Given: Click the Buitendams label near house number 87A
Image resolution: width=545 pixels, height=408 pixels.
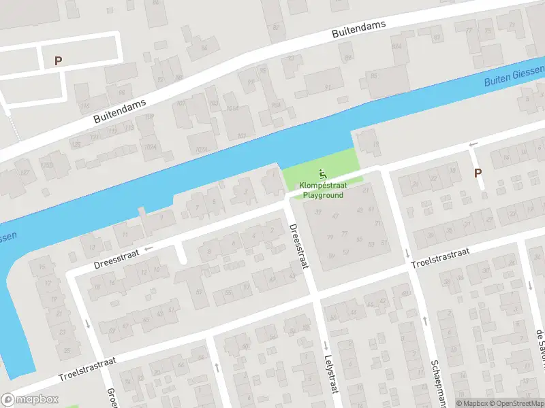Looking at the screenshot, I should [358, 29].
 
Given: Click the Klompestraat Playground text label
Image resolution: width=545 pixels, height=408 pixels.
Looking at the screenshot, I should [323, 190].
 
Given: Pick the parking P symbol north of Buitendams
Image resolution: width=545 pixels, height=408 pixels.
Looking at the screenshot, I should [58, 61].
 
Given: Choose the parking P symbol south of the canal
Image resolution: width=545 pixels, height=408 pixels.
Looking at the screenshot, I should [478, 173].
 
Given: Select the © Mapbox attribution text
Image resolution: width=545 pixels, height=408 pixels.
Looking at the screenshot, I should [473, 403].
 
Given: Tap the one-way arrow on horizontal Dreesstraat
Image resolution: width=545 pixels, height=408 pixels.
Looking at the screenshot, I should [149, 248].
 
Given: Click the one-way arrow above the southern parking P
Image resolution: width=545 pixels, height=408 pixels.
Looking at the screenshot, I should [473, 144].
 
